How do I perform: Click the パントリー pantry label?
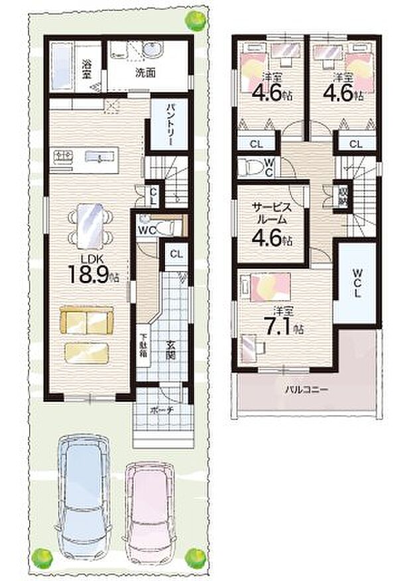pyautogui.click(x=165, y=124)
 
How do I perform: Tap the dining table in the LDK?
pyautogui.click(x=91, y=225)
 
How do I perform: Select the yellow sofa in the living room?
pyautogui.click(x=87, y=323)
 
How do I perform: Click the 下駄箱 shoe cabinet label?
pyautogui.click(x=143, y=347)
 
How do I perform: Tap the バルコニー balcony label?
pyautogui.click(x=304, y=389)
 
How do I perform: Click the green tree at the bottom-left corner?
pyautogui.click(x=43, y=556)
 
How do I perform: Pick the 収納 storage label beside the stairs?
pyautogui.click(x=342, y=197)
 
